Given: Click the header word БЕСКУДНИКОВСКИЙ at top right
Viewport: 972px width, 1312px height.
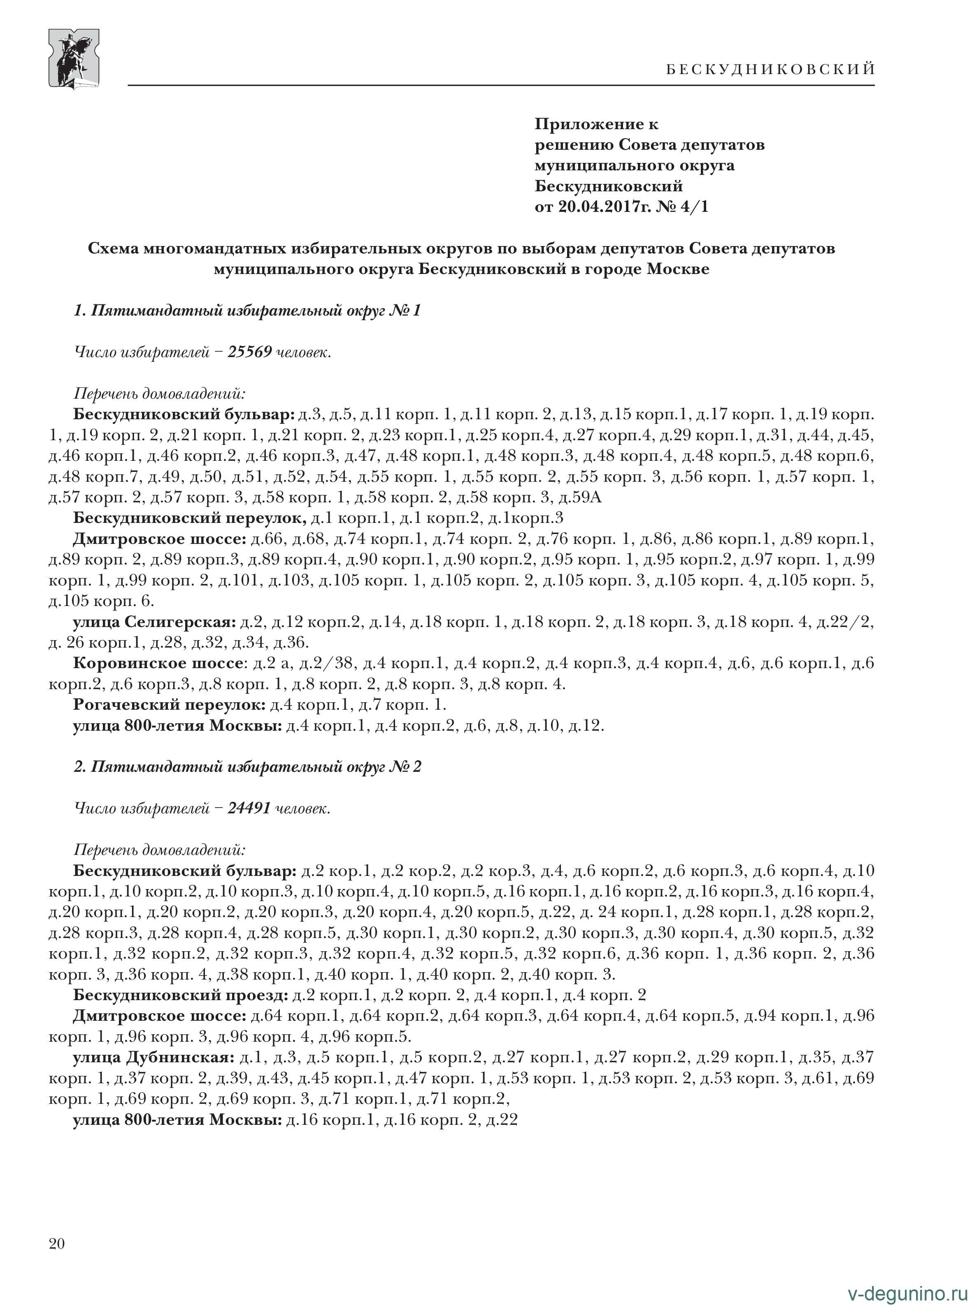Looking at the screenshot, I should point(770,70).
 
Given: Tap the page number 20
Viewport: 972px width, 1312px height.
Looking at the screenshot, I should point(57,1243).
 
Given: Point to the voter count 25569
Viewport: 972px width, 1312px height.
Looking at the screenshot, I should point(249,352).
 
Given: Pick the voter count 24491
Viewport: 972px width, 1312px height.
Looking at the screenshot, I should point(249,808).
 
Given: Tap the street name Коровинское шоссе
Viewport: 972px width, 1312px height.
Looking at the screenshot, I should point(158,663).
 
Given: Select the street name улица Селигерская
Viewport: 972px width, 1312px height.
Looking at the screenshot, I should point(154,622).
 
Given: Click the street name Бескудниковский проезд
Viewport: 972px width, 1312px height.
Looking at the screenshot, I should point(180,996).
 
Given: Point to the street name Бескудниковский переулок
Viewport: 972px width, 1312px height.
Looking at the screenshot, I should point(189,518).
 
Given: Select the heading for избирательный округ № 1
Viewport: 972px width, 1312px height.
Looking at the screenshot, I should point(247,311).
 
